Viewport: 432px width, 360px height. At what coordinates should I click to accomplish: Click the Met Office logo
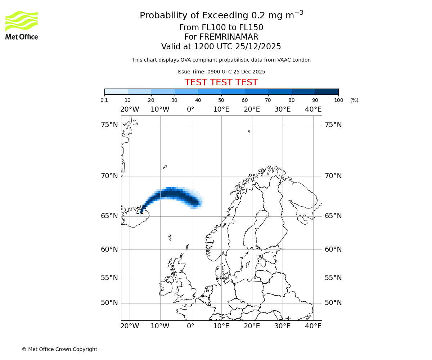point(22,25)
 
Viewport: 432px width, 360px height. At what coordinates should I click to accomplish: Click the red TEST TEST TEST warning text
point(221,83)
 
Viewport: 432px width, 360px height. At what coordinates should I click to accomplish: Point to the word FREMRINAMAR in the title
point(229,37)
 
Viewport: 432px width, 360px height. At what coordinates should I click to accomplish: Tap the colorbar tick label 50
point(221,100)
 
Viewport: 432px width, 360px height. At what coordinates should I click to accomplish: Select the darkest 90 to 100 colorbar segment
point(327,91)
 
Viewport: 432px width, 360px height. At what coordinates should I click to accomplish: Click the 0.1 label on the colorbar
point(104,100)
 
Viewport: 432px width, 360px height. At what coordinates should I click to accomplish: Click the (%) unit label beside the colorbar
point(354,100)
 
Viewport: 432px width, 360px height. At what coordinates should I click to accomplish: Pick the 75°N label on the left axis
point(109,125)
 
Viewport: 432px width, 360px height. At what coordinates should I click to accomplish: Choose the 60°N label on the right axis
point(333,249)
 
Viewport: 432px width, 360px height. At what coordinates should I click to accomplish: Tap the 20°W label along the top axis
point(130,109)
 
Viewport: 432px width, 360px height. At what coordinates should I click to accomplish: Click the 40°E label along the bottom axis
point(313,326)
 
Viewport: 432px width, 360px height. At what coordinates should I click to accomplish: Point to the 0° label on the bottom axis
point(191,326)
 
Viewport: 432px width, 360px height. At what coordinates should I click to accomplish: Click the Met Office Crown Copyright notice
point(59,349)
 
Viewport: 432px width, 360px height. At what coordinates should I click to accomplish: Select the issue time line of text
point(221,72)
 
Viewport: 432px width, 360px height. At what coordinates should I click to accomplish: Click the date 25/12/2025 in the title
point(258,47)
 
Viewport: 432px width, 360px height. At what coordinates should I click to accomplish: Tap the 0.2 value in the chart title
point(257,16)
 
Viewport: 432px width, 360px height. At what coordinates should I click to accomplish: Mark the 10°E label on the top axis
point(221,109)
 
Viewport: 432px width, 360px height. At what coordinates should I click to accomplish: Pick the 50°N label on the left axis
point(109,303)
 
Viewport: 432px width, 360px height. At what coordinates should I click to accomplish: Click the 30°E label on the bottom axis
point(283,326)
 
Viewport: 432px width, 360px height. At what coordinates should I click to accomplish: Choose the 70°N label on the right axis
point(333,176)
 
